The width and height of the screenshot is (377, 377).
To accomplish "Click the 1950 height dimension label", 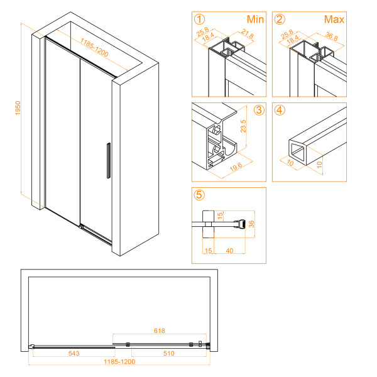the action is (x=18, y=108).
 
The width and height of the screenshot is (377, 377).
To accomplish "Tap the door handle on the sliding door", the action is (x=109, y=161).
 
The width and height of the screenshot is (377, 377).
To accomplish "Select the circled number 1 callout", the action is (x=199, y=19).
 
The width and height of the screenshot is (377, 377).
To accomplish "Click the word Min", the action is (x=255, y=19).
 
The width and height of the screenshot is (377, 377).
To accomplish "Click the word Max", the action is (x=334, y=19).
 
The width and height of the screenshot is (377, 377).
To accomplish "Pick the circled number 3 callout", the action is (x=259, y=110).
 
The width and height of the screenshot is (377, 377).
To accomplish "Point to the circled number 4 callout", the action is (x=280, y=110).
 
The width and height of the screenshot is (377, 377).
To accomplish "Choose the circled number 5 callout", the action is (x=199, y=195).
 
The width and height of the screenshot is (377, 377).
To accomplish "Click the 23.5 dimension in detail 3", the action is (x=243, y=126).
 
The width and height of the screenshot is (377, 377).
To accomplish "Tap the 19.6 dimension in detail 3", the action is (x=236, y=167).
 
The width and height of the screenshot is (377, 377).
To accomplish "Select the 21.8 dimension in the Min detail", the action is (x=248, y=34).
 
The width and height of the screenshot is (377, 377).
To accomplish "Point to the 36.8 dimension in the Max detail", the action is (x=332, y=36).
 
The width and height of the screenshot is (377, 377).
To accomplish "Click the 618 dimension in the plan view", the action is (x=160, y=331).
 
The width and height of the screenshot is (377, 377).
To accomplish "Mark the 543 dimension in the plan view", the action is (x=74, y=353).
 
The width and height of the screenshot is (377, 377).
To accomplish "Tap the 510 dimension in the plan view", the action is (x=169, y=353).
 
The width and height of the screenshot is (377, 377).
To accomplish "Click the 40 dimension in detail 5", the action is (x=229, y=251).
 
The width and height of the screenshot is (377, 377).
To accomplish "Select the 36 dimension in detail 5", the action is (x=251, y=224).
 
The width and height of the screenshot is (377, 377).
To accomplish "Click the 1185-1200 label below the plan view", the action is (x=119, y=362).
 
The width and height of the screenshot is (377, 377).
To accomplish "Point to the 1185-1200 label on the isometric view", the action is (x=94, y=48).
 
